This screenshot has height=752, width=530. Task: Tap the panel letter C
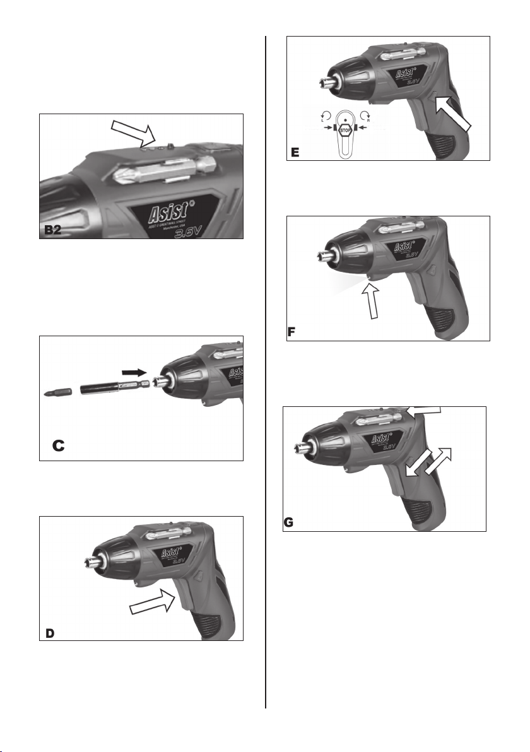click(x=58, y=445)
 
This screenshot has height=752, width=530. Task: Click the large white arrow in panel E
click(x=454, y=110)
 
